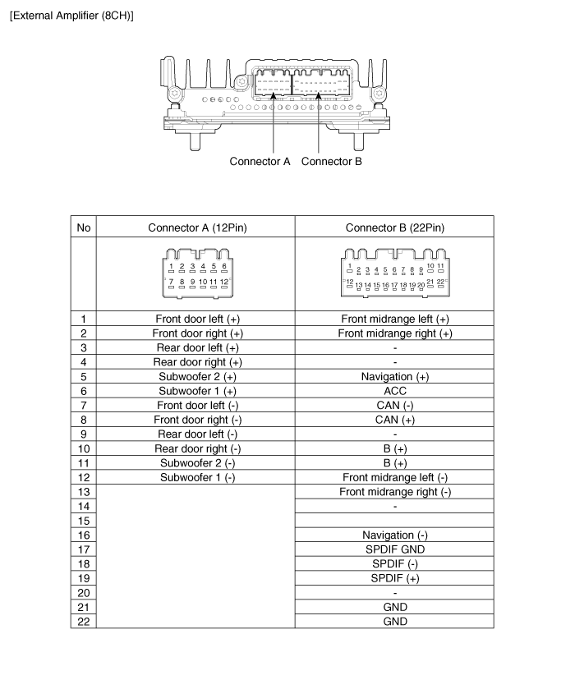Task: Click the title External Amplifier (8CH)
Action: coord(71,16)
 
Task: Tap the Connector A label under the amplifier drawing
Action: coord(260,161)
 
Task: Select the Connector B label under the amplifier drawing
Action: coord(331,161)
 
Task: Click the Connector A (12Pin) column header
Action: coord(197,227)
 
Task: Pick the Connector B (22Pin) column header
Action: coord(394,227)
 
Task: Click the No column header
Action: coord(84,227)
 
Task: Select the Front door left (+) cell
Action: coord(197,319)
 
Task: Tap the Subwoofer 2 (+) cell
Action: coord(197,376)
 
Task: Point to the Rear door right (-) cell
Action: coord(197,448)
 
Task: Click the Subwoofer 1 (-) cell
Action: coord(197,477)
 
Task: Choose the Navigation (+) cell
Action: coord(394,376)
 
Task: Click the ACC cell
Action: coord(394,391)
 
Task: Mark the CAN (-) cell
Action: coord(394,406)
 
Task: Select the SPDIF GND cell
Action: coord(394,549)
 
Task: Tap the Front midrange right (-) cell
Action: coord(394,492)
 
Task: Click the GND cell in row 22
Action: coord(394,622)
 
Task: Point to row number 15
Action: coord(84,521)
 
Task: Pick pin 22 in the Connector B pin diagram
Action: coord(440,282)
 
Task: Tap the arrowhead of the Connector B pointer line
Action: coord(318,95)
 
